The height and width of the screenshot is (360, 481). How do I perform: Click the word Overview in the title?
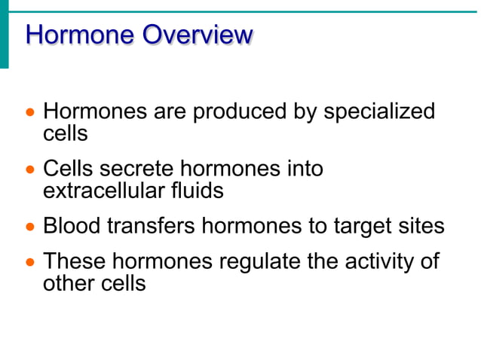[198, 35]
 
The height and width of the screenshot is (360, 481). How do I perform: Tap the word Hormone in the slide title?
[81, 35]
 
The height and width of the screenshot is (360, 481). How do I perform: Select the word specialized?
[379, 112]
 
